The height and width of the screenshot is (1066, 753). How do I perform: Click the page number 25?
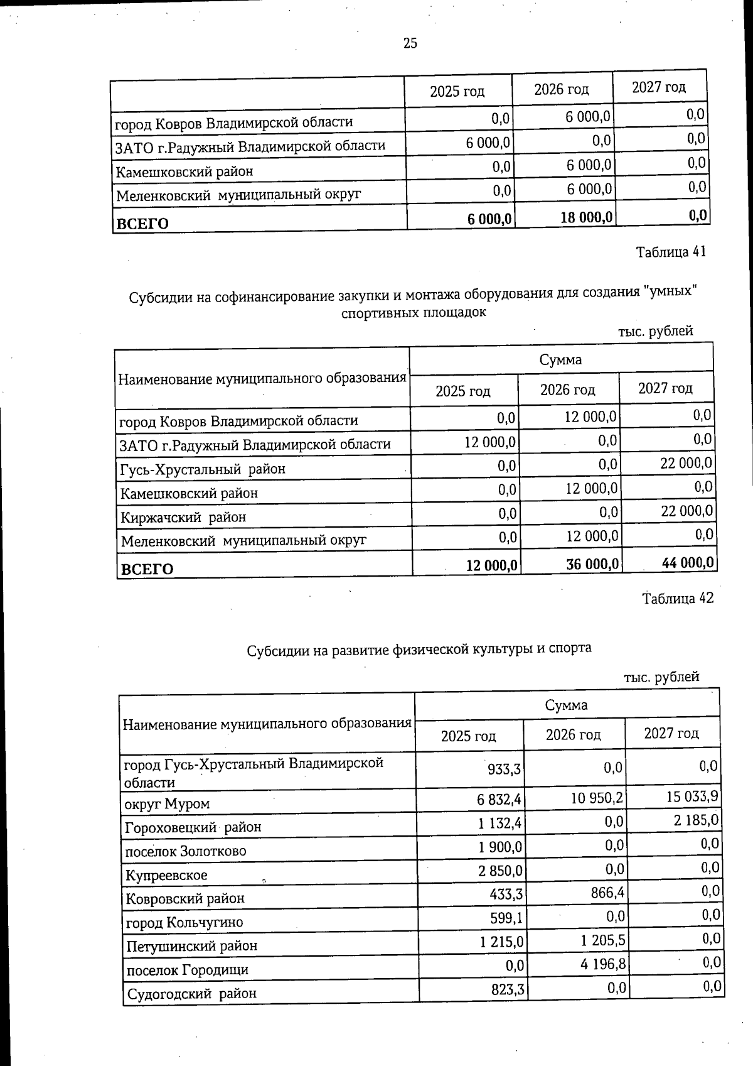pyautogui.click(x=410, y=43)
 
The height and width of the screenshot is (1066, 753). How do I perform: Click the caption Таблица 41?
pyautogui.click(x=671, y=252)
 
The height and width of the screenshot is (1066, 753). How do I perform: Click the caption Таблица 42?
pyautogui.click(x=678, y=598)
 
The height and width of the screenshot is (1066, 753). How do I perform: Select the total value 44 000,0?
pyautogui.click(x=688, y=563)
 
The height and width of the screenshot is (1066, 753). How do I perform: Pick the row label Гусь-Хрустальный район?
pyautogui.click(x=203, y=469)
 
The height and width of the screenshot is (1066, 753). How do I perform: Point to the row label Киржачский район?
pyautogui.click(x=183, y=518)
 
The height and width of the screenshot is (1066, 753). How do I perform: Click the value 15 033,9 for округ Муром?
pyautogui.click(x=692, y=797)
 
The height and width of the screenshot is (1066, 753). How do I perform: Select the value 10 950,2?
pyautogui.click(x=596, y=798)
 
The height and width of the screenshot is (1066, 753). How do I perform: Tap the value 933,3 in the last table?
pyautogui.click(x=505, y=768)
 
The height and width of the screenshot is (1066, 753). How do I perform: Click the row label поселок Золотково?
pyautogui.click(x=186, y=852)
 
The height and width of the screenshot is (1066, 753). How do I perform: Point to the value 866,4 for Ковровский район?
pyautogui.click(x=607, y=892)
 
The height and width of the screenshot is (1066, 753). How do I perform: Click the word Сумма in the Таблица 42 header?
pyautogui.click(x=566, y=705)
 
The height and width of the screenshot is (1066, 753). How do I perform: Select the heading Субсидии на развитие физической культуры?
pyautogui.click(x=419, y=649)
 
